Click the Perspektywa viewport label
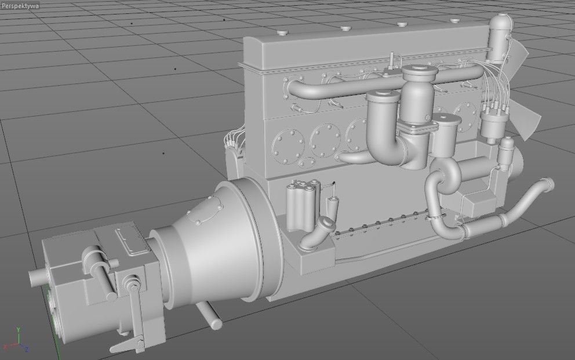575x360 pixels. (20, 5)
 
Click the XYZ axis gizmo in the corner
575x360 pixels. (20, 341)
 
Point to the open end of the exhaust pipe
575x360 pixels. (548, 185)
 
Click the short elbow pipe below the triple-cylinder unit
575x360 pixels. (318, 230)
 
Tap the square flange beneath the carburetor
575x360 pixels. (416, 129)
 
